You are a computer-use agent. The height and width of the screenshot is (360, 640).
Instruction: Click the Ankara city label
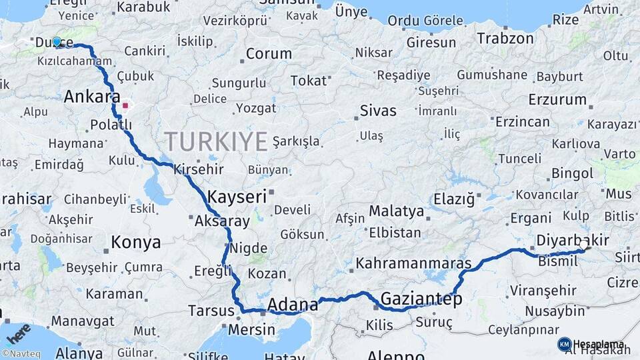(x=92, y=97)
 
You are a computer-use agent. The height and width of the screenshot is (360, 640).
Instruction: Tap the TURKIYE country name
(x=216, y=141)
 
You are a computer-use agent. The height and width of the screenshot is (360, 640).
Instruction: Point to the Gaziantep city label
(x=421, y=299)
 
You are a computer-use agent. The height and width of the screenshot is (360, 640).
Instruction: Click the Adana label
(x=293, y=305)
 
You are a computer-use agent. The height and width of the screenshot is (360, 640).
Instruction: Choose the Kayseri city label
(x=237, y=197)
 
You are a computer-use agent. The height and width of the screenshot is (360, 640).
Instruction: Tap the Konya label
(x=135, y=242)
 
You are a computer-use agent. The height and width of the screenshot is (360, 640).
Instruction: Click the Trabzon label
(x=505, y=39)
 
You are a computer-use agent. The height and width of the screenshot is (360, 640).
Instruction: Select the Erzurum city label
(x=556, y=100)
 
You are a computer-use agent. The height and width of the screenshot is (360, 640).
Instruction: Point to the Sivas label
(x=377, y=111)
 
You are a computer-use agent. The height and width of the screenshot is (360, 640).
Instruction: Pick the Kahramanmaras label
(x=413, y=263)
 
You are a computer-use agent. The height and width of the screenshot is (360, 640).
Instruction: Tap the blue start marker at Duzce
(x=57, y=42)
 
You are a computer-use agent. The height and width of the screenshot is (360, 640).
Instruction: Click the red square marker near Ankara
(x=125, y=105)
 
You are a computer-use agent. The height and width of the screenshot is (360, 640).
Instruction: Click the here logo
(x=19, y=331)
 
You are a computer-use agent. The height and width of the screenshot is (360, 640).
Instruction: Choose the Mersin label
(x=251, y=330)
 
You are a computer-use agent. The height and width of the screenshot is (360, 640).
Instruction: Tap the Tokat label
(x=309, y=81)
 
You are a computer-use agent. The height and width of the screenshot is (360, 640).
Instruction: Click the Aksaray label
(x=222, y=221)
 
